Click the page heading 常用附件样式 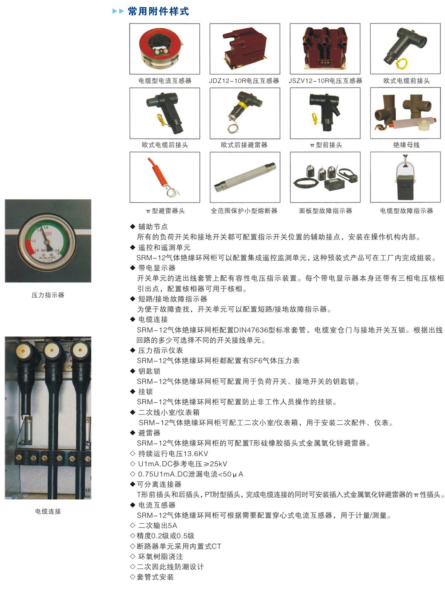click(x=158, y=11)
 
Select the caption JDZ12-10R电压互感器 click(x=244, y=81)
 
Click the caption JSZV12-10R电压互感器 click(x=325, y=81)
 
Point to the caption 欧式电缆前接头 click(x=406, y=81)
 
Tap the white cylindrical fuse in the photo click(x=245, y=177)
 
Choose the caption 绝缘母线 click(x=406, y=145)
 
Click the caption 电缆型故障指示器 click(x=406, y=211)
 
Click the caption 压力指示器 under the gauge click(x=48, y=295)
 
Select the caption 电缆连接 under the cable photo click(x=48, y=512)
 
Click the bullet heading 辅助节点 click(x=153, y=227)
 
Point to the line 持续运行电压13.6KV click(x=173, y=454)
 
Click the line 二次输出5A click(x=157, y=526)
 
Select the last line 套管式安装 click(x=155, y=577)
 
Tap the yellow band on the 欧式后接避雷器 click(x=242, y=105)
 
